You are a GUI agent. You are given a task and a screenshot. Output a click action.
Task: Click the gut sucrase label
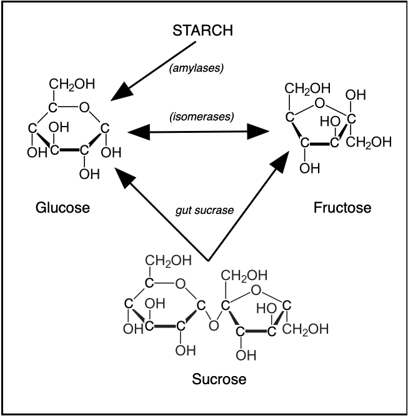click(x=204, y=210)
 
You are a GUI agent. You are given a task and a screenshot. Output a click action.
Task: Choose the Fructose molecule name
click(x=342, y=208)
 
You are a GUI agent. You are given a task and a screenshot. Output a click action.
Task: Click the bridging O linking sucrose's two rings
click(x=214, y=324)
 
